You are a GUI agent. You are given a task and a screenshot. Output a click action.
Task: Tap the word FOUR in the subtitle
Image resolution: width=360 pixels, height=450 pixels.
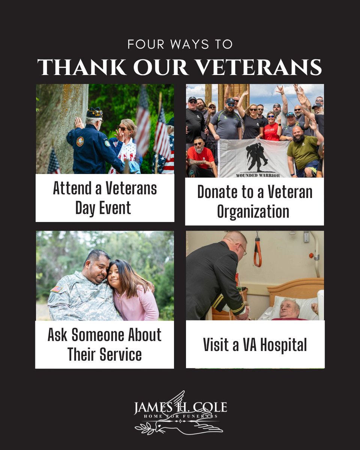[141, 44]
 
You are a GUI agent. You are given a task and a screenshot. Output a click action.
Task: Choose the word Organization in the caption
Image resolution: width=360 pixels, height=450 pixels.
[253, 211]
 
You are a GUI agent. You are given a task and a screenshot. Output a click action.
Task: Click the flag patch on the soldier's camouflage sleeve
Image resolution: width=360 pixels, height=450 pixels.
[57, 289]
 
